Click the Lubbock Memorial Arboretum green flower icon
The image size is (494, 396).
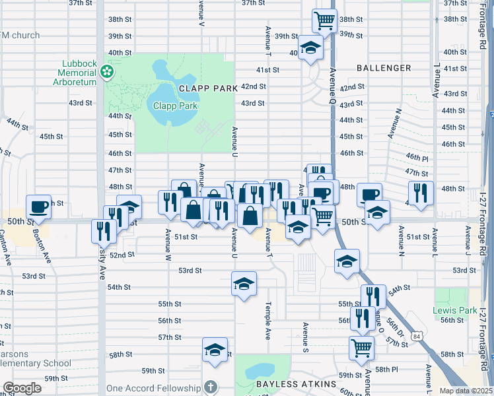coord(105,72)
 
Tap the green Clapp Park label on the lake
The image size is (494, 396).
coord(176,105)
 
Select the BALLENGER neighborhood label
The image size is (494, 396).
coord(384,68)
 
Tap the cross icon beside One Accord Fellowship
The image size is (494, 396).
coord(210,387)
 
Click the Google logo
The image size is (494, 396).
coord(22,388)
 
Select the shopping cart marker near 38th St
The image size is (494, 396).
coord(324,20)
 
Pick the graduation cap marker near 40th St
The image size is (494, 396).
coord(310,48)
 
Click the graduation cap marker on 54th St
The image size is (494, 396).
coord(244,284)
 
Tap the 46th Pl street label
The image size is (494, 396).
coord(417,156)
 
